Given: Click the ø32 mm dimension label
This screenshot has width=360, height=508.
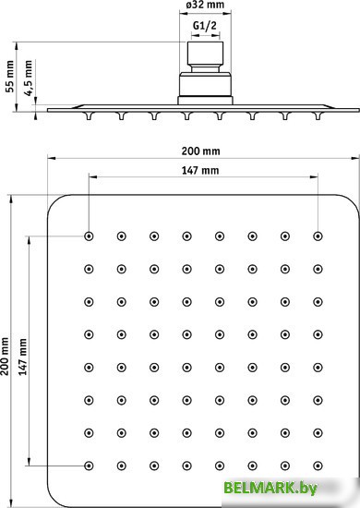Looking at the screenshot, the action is [205, 5].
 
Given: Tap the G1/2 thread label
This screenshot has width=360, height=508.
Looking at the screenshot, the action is [205, 25].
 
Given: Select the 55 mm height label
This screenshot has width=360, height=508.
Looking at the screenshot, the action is [10, 77].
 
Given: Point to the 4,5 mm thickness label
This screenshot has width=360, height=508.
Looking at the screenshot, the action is [29, 78].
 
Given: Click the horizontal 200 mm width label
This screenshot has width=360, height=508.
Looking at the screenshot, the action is [200, 151].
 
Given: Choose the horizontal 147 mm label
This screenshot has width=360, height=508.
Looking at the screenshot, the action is [200, 170].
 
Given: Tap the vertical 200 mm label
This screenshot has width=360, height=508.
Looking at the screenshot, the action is [5, 356].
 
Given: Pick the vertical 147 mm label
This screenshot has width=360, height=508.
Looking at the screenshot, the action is [23, 357].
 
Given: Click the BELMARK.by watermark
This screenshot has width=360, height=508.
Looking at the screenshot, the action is [270, 488].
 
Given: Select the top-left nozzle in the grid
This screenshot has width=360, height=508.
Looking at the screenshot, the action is [89, 236].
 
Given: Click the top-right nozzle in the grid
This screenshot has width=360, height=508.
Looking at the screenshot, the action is [318, 236].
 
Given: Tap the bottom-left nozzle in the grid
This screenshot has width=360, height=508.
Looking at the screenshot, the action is [89, 466].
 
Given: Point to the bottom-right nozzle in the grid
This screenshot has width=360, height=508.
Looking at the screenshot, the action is [318, 466].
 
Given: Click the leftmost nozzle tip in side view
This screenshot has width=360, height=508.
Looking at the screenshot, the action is [89, 116].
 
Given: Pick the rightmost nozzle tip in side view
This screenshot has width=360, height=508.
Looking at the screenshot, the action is [318, 116].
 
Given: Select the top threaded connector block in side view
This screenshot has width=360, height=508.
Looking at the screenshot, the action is [205, 54].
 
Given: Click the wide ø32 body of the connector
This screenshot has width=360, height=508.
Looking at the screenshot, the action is [205, 84].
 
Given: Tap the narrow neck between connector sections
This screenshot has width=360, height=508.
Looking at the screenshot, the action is [205, 68].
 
